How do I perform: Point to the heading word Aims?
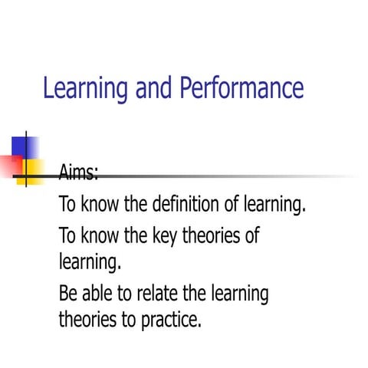coord(79,172)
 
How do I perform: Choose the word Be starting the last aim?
coord(68,294)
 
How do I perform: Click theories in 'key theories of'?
coord(211,235)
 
